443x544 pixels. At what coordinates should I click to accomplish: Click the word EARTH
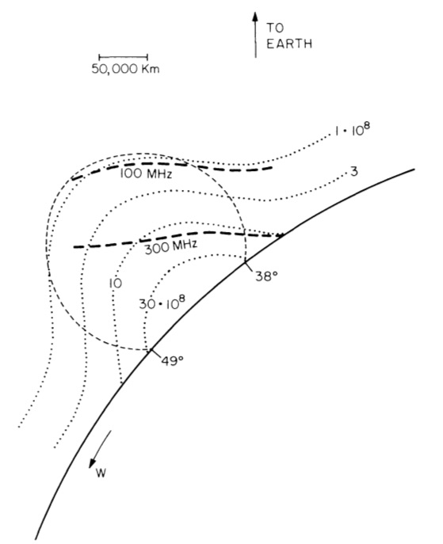(289, 44)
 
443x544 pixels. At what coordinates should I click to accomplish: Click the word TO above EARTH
(275, 28)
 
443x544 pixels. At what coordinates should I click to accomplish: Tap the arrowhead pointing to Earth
(255, 17)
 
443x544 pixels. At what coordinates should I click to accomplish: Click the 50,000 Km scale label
(126, 69)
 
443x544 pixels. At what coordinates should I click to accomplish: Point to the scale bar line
(124, 57)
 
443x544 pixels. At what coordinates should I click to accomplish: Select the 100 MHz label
(146, 173)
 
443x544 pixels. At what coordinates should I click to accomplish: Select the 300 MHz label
(171, 247)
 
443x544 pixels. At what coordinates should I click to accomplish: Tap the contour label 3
(353, 171)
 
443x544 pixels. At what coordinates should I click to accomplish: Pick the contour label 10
(116, 283)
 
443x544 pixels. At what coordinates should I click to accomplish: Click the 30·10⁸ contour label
(162, 302)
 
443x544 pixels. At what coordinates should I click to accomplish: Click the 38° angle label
(266, 276)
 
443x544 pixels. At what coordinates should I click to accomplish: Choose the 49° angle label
(172, 361)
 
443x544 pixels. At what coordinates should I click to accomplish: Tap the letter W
(101, 474)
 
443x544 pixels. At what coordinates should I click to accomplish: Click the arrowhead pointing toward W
(93, 462)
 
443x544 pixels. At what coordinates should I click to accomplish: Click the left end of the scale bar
(100, 57)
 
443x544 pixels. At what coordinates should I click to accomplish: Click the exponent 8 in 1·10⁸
(367, 126)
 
